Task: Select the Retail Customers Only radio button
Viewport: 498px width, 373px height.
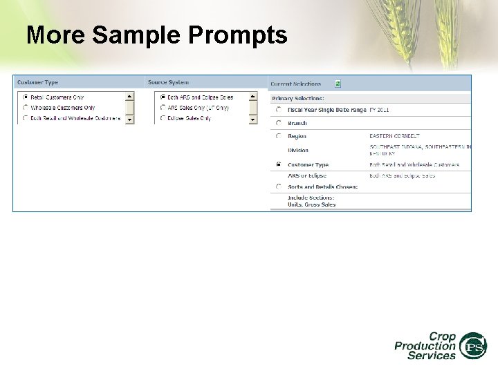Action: click(26, 97)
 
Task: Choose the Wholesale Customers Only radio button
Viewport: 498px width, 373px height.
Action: click(26, 108)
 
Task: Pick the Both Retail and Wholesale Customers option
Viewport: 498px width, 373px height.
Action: click(26, 118)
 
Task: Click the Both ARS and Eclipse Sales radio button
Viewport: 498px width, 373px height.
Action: click(163, 97)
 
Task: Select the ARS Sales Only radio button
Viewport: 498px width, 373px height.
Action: click(163, 108)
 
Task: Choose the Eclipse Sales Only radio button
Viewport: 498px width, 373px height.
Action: click(163, 118)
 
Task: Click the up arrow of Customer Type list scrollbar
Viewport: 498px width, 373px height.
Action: click(129, 97)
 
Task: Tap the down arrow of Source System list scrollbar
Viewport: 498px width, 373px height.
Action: click(252, 119)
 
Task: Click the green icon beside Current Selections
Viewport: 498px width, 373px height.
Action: click(338, 84)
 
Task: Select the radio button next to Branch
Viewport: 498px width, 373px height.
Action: click(278, 123)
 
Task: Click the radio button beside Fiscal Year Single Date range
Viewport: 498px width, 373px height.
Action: click(278, 110)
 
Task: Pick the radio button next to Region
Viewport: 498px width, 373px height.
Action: click(278, 136)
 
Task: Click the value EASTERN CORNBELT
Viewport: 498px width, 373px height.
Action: click(394, 136)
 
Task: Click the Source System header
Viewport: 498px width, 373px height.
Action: click(168, 83)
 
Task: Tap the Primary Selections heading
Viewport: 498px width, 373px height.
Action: click(297, 98)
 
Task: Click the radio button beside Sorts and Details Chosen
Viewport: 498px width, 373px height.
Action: click(278, 186)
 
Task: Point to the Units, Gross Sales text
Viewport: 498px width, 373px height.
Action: click(311, 204)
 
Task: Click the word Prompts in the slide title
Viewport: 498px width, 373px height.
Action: click(239, 35)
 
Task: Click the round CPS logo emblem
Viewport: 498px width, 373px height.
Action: click(474, 345)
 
